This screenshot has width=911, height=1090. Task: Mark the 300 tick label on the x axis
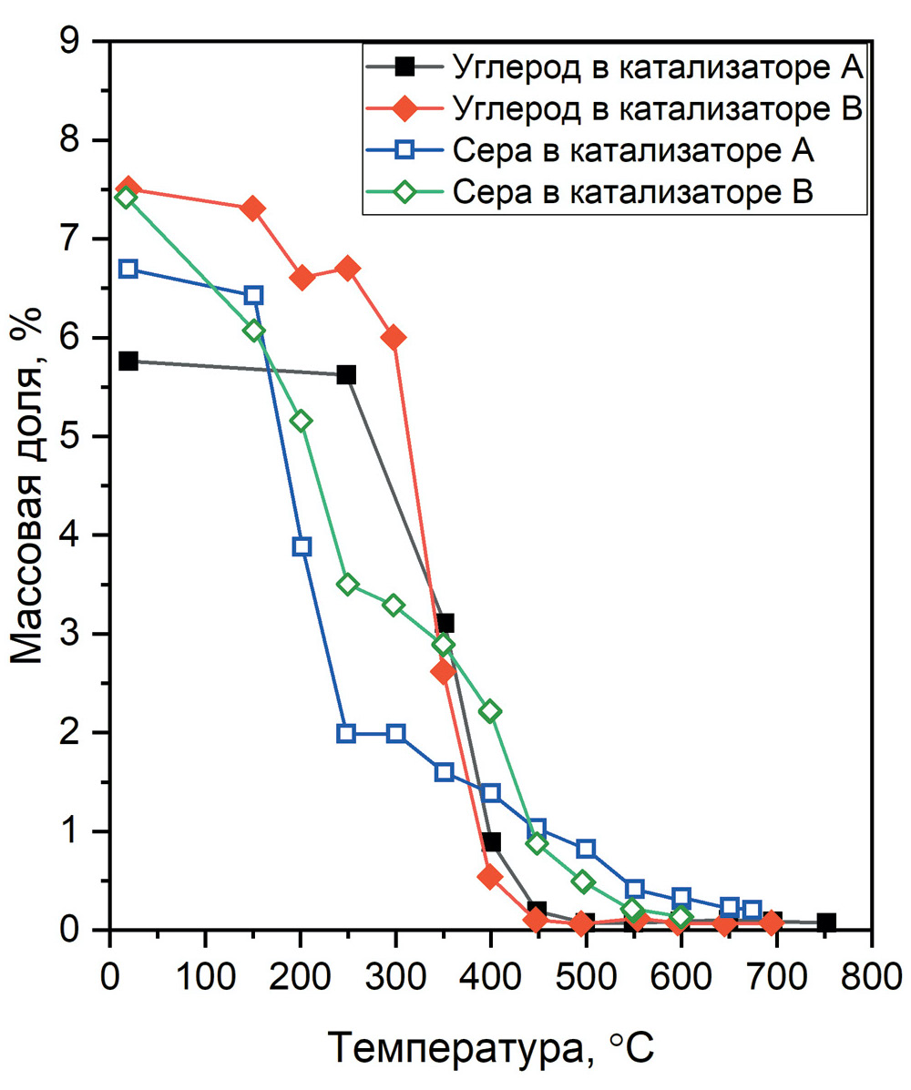pos(395,964)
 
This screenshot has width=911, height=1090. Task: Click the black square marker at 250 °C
pos(346,374)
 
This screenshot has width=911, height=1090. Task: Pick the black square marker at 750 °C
pos(826,922)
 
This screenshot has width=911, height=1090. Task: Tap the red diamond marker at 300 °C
pos(394,338)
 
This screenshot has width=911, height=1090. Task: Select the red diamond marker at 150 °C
pos(253,209)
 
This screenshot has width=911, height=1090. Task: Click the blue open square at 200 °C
pos(302,546)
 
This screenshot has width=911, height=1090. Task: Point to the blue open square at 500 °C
pos(586,849)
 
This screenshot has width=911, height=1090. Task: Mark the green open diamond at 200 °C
pos(301,421)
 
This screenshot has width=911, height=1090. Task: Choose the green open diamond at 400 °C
pos(490,711)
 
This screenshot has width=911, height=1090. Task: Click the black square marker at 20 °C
pos(128,361)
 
